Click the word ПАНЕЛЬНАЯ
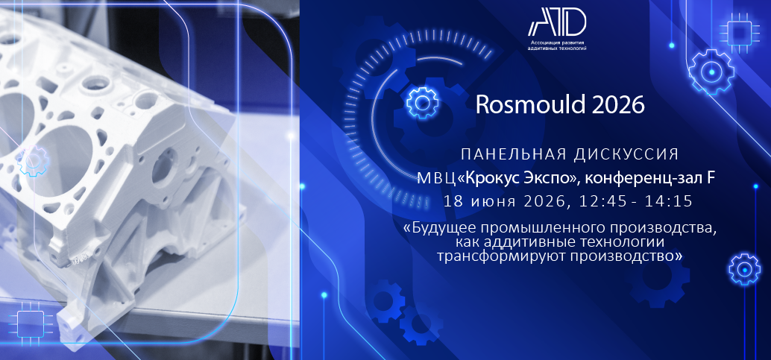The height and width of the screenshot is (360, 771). (x=512, y=154)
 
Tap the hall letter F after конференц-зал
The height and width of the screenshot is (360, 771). (x=711, y=179)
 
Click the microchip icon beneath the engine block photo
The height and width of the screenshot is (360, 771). (x=31, y=324)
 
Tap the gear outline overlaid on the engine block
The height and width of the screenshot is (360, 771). (x=33, y=161)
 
